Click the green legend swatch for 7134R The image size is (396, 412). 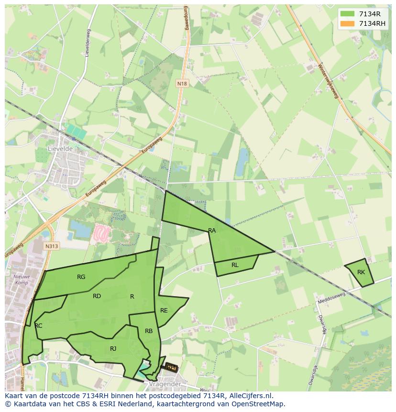coord(347,13)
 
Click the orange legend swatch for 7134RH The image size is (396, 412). coord(347,23)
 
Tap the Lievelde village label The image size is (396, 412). coord(60,149)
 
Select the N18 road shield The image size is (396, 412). coord(182,84)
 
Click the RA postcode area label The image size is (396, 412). coord(212,231)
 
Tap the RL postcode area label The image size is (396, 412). coord(235,265)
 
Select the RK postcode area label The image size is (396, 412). coord(361,272)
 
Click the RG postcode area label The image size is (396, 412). coord(81,277)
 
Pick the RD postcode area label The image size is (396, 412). coord(97,296)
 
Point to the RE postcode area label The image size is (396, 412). coord(164,311)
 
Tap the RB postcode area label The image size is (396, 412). coord(149,331)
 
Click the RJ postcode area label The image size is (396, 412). coord(113,349)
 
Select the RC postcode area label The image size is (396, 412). coord(39,326)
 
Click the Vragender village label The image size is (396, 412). coord(164,384)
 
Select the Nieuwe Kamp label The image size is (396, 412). coord(22,279)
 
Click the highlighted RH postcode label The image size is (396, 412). coord(171,367)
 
